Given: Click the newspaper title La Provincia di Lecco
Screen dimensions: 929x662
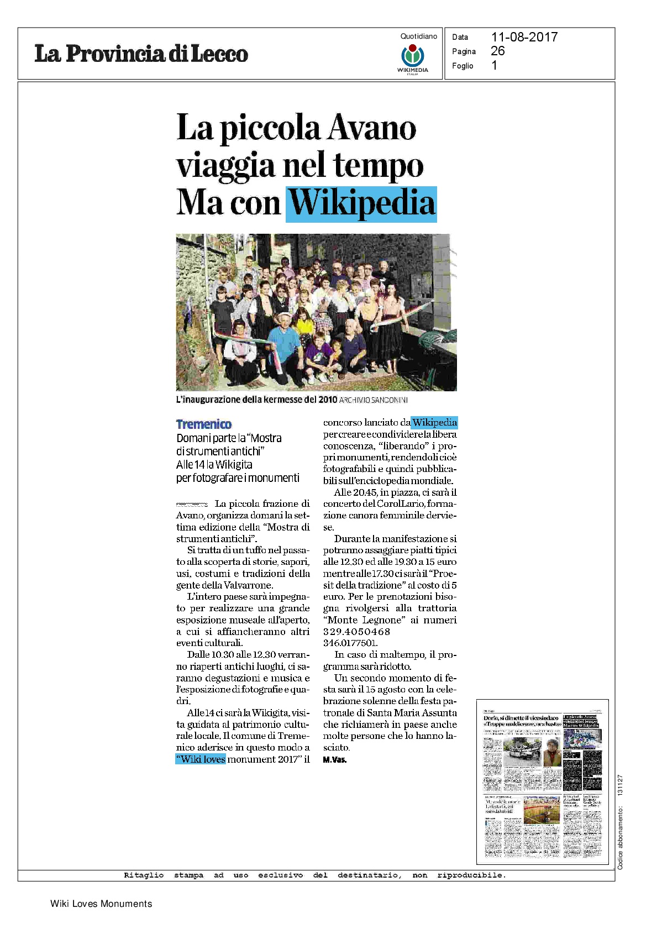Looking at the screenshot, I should pos(141,54).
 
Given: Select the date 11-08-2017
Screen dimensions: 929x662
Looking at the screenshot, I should pos(524,37).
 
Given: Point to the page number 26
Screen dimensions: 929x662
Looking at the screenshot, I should pos(497,51).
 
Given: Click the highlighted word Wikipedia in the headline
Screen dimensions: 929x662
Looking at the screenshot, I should pos(362,203).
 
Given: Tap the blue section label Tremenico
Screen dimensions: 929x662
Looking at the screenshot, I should pos(204,424).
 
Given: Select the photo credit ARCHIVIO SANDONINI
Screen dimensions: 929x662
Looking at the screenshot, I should pos(374,400).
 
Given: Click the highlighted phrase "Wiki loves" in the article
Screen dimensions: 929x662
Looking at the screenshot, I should pos(201,759).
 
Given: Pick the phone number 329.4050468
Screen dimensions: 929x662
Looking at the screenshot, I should pos(356,631).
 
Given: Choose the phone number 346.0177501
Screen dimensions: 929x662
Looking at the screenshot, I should pos(350,643).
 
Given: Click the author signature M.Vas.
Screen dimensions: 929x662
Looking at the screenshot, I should pos(335,760).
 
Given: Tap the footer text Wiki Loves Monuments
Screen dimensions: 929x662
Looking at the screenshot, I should pos(101,904).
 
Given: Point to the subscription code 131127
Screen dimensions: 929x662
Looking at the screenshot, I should pos(620,785).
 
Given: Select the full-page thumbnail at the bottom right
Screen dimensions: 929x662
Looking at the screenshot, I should pos(542,781).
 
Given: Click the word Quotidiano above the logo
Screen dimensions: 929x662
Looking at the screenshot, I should pos(418,36).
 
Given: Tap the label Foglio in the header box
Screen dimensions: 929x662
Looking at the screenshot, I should pos(463,66).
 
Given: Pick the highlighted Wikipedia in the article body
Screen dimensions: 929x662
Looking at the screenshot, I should pos(434,423).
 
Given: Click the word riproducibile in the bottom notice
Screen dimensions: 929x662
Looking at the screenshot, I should pos(471,875).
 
